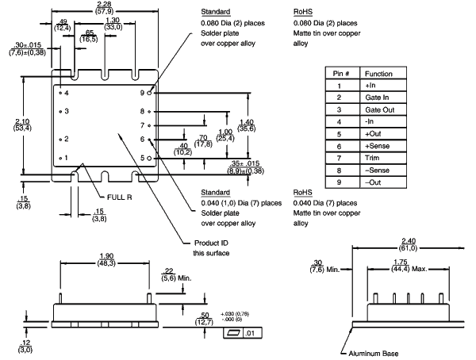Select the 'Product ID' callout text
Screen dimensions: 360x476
[214, 243]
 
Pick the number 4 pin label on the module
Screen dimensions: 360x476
[67, 94]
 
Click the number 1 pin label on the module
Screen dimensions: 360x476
[67, 158]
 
